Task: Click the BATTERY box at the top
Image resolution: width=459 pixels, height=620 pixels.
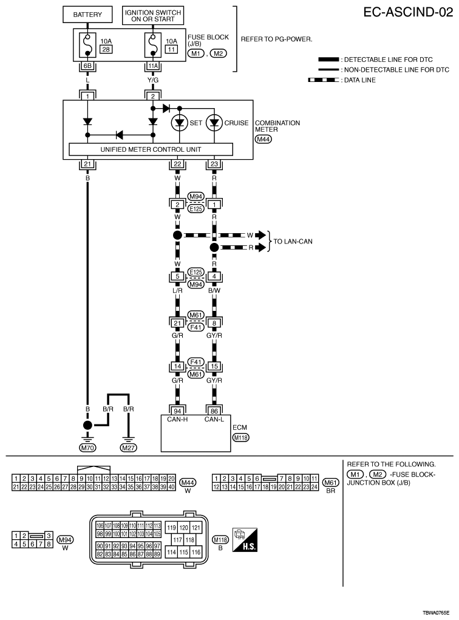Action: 88,14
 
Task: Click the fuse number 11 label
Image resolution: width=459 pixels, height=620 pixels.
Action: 171,49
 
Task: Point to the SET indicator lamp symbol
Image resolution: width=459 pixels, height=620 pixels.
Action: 179,123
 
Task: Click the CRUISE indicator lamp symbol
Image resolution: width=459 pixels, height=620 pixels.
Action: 214,123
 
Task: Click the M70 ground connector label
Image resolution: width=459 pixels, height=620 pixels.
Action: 88,449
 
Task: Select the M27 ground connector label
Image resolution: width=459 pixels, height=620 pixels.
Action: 128,449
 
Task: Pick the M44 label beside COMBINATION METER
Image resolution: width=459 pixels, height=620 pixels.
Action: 263,138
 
